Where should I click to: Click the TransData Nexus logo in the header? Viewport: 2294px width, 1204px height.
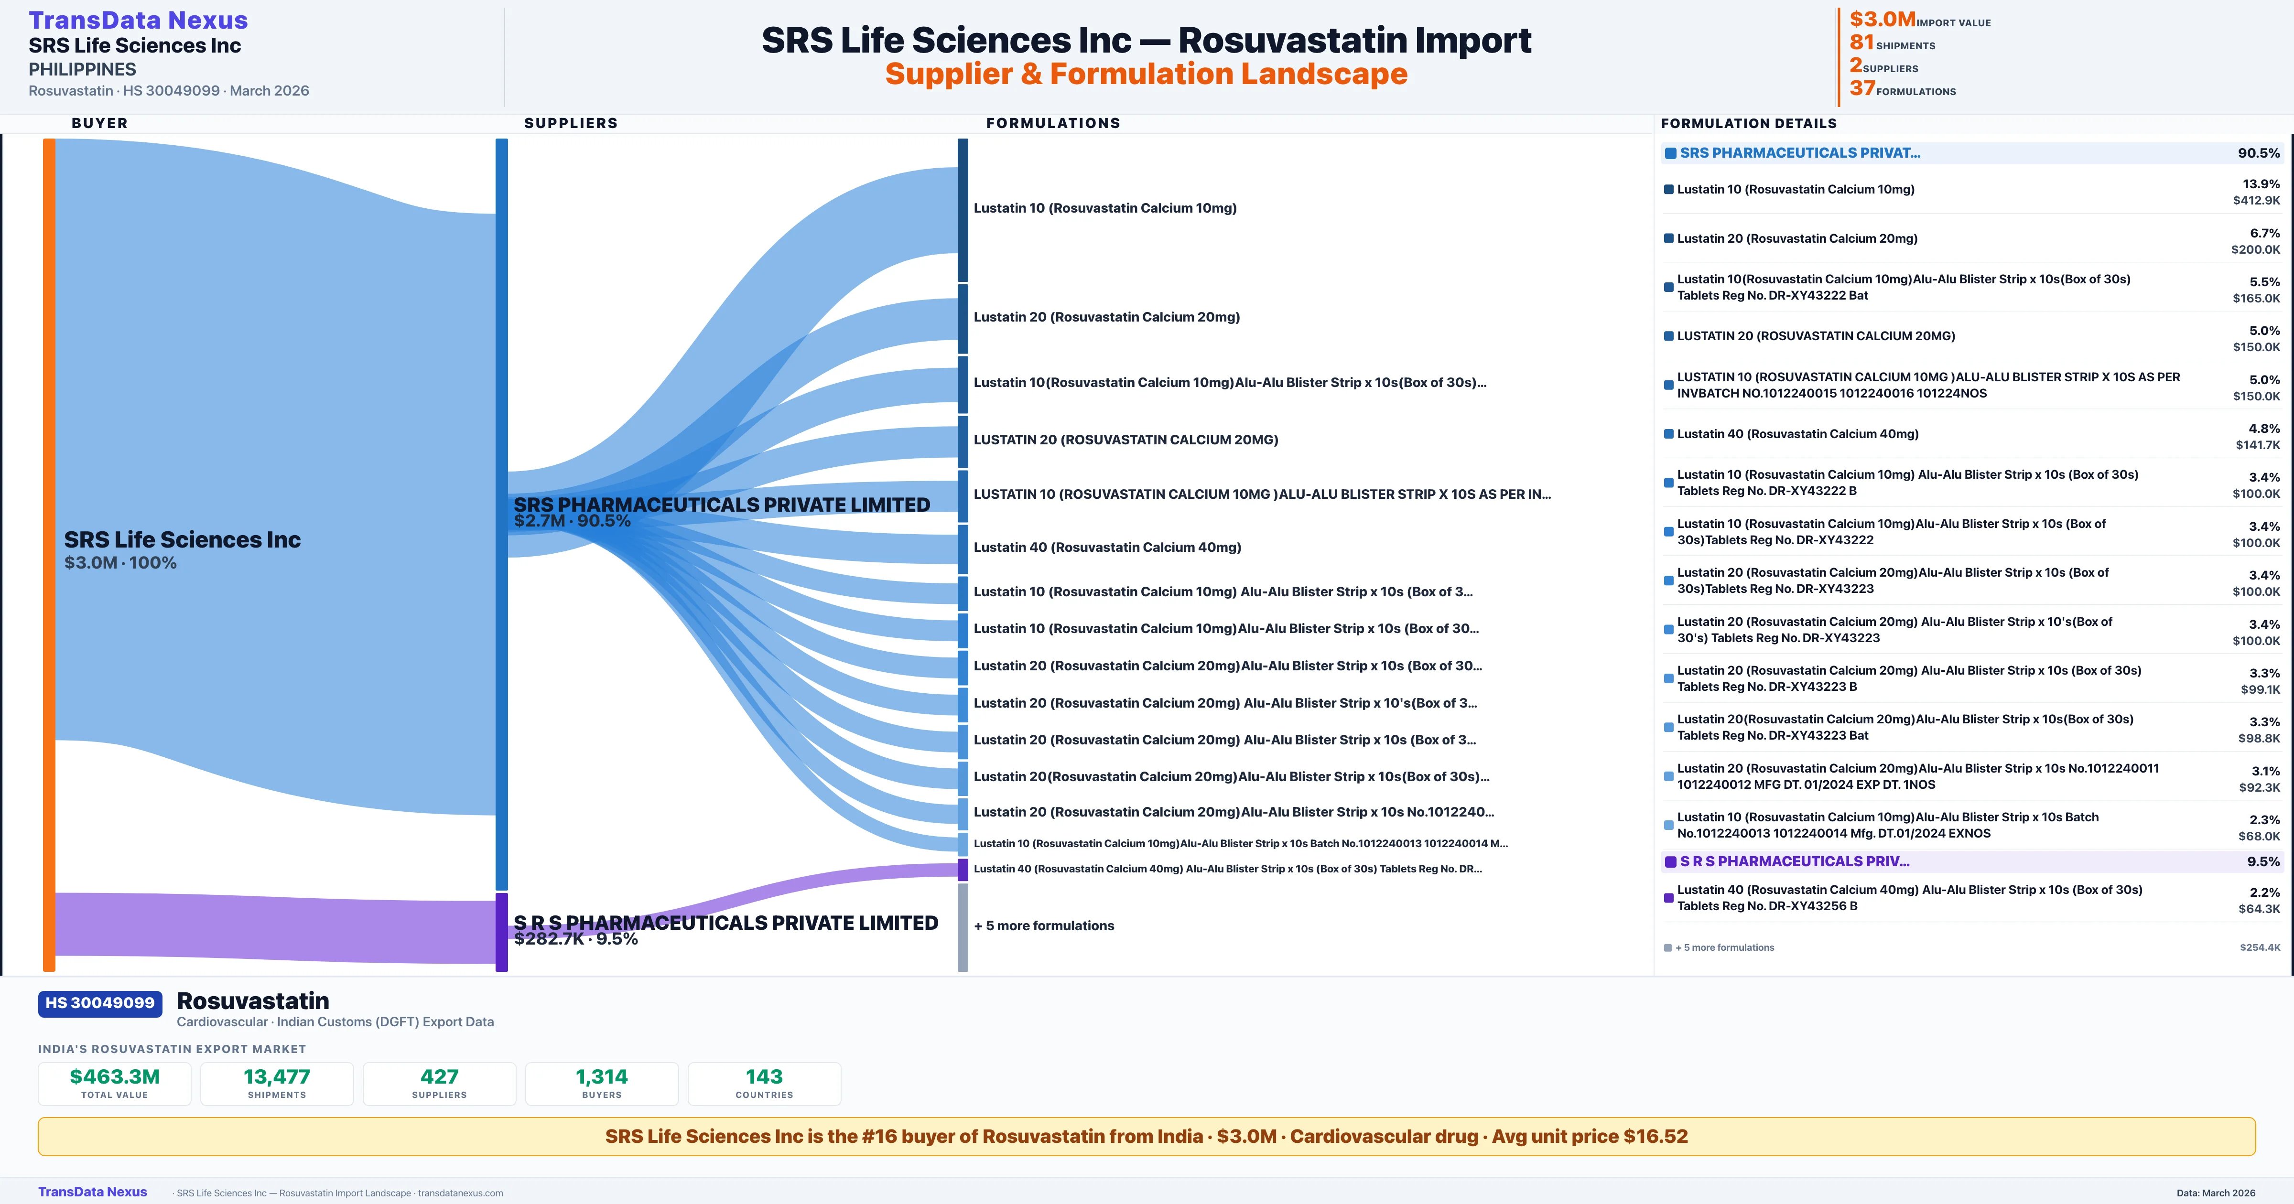point(138,21)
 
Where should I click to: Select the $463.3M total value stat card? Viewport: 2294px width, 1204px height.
point(114,1083)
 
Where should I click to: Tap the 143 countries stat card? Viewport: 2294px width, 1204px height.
point(764,1083)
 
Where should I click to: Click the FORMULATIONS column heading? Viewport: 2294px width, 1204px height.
point(1052,123)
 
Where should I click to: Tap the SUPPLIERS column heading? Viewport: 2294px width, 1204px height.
point(571,123)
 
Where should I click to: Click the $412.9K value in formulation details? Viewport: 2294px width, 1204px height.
point(2256,200)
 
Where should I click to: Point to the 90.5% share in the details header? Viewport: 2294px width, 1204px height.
point(2258,153)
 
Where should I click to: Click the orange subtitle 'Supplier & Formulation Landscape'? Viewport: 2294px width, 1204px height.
point(1146,74)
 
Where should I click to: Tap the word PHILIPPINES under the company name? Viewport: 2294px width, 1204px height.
point(82,69)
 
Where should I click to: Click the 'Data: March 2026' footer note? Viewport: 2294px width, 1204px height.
point(2216,1193)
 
